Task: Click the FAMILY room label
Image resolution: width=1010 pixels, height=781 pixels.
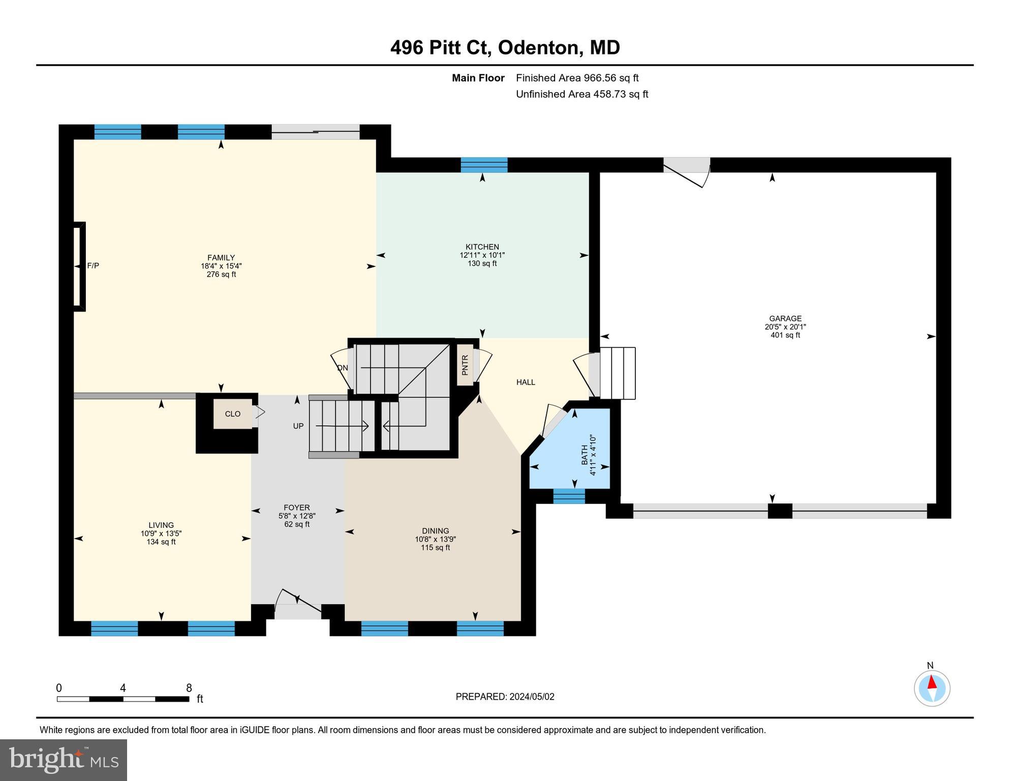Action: [x=221, y=258]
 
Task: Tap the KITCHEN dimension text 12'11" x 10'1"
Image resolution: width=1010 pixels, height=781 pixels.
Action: [x=482, y=255]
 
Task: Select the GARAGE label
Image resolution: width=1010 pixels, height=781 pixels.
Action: [x=785, y=319]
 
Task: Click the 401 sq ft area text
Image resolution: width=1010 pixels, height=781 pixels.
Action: [x=785, y=335]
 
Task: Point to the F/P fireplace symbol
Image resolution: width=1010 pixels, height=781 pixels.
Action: [x=79, y=266]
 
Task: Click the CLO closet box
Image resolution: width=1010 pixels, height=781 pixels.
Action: [x=232, y=414]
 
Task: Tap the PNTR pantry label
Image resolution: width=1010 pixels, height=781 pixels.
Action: [x=465, y=365]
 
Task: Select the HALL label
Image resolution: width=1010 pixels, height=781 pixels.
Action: [x=526, y=382]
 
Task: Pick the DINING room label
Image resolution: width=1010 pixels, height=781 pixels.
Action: [x=435, y=531]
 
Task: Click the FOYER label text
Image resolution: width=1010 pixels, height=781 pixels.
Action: [x=297, y=507]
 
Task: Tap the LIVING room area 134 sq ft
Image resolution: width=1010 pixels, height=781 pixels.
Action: [x=161, y=542]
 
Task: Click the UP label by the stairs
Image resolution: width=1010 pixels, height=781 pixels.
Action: [x=298, y=426]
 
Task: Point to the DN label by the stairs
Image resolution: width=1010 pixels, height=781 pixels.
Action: [x=343, y=368]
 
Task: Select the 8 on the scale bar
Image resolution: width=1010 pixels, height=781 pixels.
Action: [x=189, y=688]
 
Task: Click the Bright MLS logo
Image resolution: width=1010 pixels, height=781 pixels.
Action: [x=64, y=760]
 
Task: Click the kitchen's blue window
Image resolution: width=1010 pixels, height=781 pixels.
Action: [x=484, y=165]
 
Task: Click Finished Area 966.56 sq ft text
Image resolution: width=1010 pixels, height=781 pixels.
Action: [x=577, y=78]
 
